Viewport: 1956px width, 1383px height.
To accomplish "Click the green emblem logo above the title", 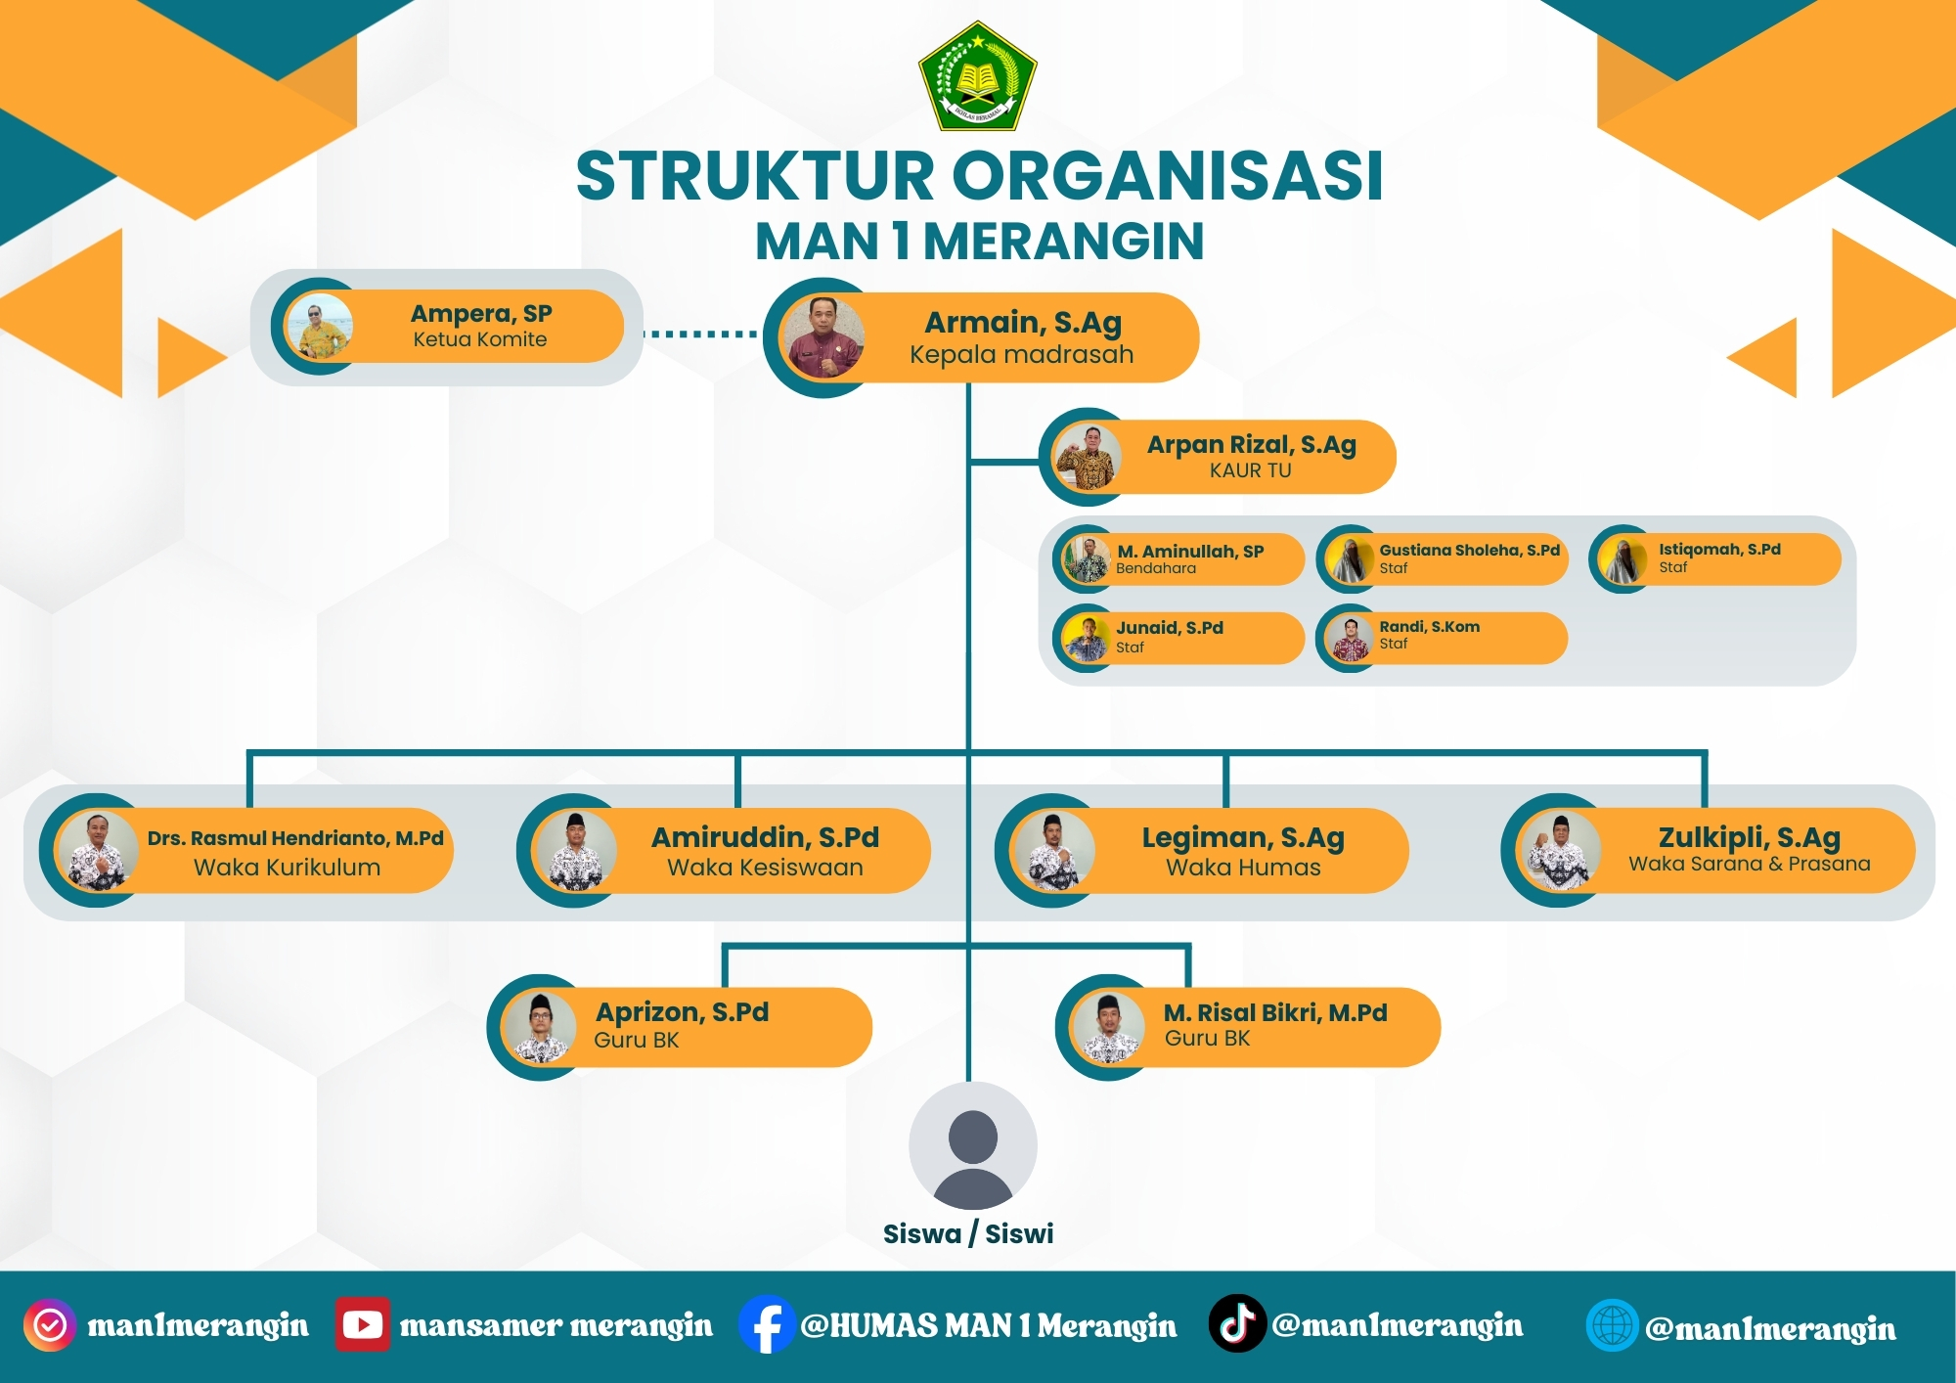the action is [977, 76].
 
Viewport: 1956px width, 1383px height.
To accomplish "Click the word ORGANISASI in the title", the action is [1168, 177].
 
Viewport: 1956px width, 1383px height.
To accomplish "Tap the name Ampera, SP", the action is [481, 314].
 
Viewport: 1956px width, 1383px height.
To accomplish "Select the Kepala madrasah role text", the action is [1022, 354].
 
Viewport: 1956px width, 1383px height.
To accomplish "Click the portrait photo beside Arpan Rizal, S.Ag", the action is [1087, 457].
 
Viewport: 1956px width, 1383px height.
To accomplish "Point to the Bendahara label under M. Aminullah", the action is [1156, 568].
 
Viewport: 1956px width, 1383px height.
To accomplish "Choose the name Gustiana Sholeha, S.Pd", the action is [1469, 550].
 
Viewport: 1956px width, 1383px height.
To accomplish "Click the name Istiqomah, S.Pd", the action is [1719, 550].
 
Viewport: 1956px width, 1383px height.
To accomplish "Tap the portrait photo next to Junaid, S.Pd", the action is [1086, 638].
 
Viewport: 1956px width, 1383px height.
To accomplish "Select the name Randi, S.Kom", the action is [1429, 626].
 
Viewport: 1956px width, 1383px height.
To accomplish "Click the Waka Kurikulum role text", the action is [287, 868].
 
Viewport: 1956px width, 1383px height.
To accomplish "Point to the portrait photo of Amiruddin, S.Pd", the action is [575, 850].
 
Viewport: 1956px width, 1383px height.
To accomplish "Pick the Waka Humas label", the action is [1243, 868].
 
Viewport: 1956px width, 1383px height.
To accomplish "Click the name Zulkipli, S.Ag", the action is [1750, 838].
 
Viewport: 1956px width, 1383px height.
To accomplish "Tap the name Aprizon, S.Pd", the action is [682, 1012].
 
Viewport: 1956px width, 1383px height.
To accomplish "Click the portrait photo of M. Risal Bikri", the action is [1107, 1027].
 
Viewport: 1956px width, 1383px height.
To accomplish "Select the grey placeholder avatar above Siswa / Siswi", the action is [972, 1145].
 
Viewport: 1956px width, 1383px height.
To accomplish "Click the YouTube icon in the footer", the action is [362, 1324].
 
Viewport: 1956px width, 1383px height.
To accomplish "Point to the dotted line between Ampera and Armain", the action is [700, 334].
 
